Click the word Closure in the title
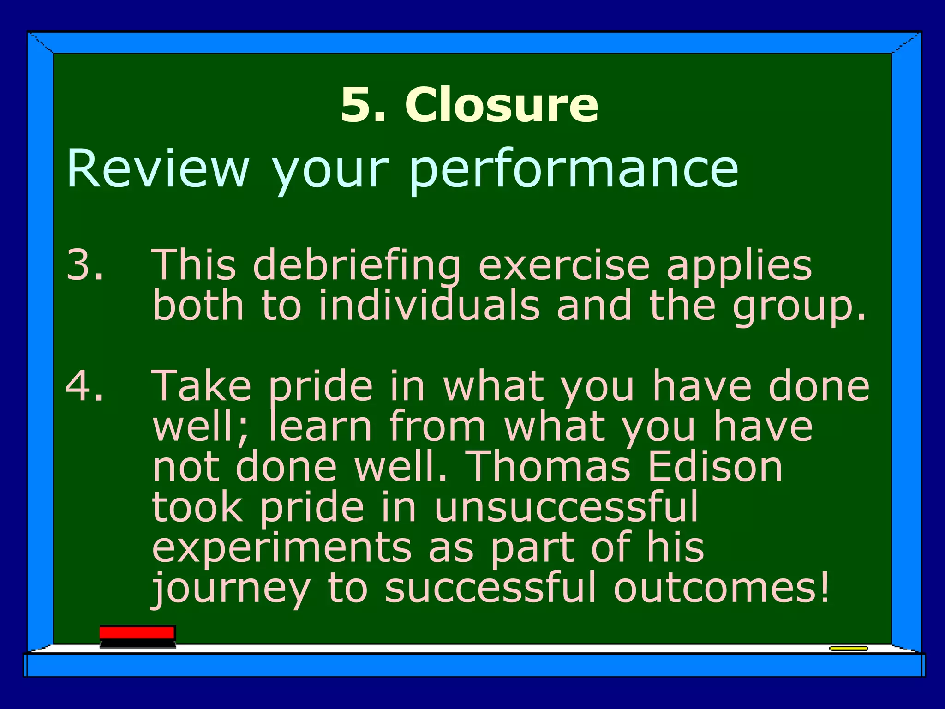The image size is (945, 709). click(x=502, y=105)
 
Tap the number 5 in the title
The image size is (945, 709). click(x=357, y=105)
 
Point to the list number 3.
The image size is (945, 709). click(x=84, y=265)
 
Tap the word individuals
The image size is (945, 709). click(x=429, y=306)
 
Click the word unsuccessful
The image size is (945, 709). click(x=566, y=507)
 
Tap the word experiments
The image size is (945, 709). click(x=281, y=547)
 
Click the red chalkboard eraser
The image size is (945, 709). click(x=138, y=636)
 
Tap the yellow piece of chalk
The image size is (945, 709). click(x=848, y=649)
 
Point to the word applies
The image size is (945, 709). click(x=739, y=267)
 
